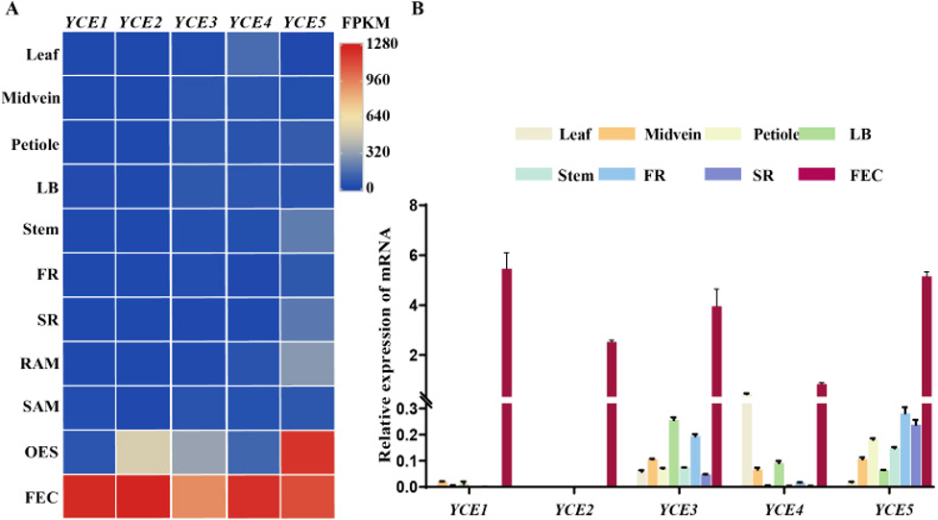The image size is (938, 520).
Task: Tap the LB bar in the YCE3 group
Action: pos(674,453)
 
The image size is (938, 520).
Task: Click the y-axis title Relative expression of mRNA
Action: pos(388,346)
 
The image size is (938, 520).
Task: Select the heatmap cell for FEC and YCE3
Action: pos(198,496)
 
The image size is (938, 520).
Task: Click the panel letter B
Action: pos(417,9)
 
